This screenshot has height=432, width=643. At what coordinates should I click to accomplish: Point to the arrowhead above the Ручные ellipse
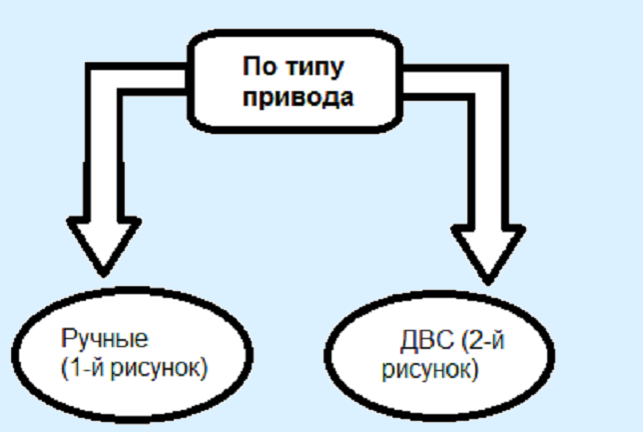(x=101, y=244)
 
